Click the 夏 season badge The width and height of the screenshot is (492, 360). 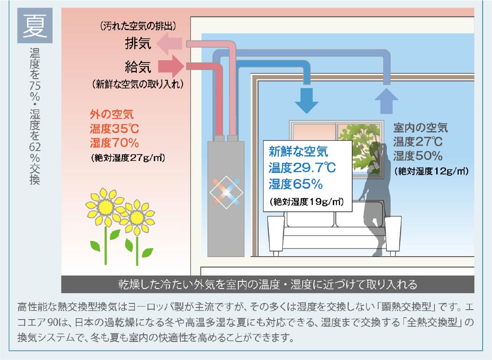pos(35,26)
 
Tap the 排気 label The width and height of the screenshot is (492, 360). pos(138,43)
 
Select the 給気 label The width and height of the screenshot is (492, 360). pos(138,67)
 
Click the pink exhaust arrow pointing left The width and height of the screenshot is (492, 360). pos(170,44)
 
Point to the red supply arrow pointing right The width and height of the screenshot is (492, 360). pos(171,66)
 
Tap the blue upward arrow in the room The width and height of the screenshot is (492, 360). pos(387,101)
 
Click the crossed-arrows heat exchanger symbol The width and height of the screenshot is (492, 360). pos(226,192)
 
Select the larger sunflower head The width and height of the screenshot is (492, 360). pos(105,207)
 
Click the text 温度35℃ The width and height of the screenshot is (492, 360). pos(114,129)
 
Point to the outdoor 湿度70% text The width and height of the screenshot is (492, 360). pos(114,142)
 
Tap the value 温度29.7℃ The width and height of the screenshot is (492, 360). pos(302,168)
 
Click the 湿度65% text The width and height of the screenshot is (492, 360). pos(295,184)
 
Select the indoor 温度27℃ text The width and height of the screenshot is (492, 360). pos(418,142)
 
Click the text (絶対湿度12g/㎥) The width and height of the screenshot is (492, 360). pos(431,171)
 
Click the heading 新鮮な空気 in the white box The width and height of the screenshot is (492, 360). pos(298,152)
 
